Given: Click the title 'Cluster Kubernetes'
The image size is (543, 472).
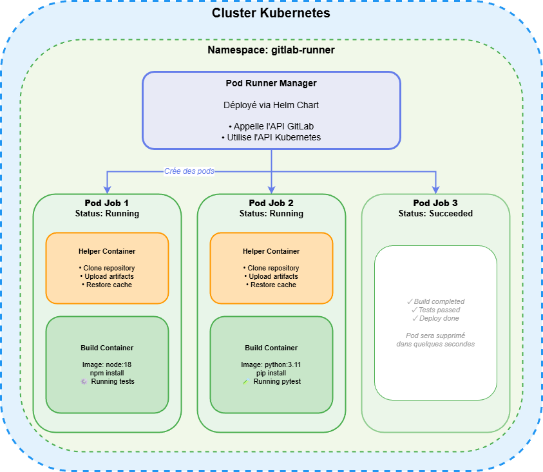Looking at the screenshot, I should point(271,13).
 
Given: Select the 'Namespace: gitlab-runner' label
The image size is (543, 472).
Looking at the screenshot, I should point(271,50).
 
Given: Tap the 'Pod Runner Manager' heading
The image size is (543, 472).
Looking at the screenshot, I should point(271,83).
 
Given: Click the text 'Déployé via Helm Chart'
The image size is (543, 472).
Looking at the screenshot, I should point(271,104).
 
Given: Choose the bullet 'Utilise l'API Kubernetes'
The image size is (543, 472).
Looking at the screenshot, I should point(271,137).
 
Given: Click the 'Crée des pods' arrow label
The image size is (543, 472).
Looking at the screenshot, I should point(189,172).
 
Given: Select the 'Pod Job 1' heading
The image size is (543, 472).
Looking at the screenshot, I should point(107,203).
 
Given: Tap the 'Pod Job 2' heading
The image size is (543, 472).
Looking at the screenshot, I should point(271,203).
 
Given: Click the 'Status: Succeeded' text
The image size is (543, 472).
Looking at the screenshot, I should point(435,213).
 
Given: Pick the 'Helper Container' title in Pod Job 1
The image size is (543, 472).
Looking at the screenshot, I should point(107,251).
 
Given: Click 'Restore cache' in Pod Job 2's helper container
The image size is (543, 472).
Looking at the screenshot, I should point(271,285).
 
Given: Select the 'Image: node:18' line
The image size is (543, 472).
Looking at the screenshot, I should point(107,364).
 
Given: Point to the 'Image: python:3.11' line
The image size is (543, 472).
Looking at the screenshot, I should point(271,364).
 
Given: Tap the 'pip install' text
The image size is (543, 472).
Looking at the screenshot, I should point(271,373).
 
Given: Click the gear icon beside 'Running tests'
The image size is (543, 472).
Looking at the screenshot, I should point(83,382).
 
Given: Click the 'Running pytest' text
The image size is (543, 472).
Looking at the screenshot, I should point(277,381).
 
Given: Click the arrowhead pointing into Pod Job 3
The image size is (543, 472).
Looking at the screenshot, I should point(436,189).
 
